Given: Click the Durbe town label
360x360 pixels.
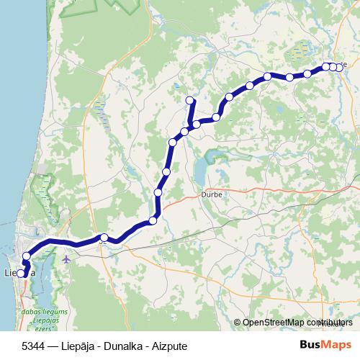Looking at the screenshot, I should [208, 194].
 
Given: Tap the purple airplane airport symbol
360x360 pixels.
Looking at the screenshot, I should [67, 258].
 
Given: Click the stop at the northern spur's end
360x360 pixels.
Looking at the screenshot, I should [190, 100].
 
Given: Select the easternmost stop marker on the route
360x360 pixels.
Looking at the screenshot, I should [339, 68].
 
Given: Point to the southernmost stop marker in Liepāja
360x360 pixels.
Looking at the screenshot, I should [22, 274].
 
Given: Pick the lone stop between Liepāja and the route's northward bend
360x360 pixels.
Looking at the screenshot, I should [104, 238].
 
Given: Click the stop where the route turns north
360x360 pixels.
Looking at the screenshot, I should [153, 221].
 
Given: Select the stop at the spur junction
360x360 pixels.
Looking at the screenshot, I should [185, 131].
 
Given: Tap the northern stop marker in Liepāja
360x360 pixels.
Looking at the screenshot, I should [27, 256].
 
